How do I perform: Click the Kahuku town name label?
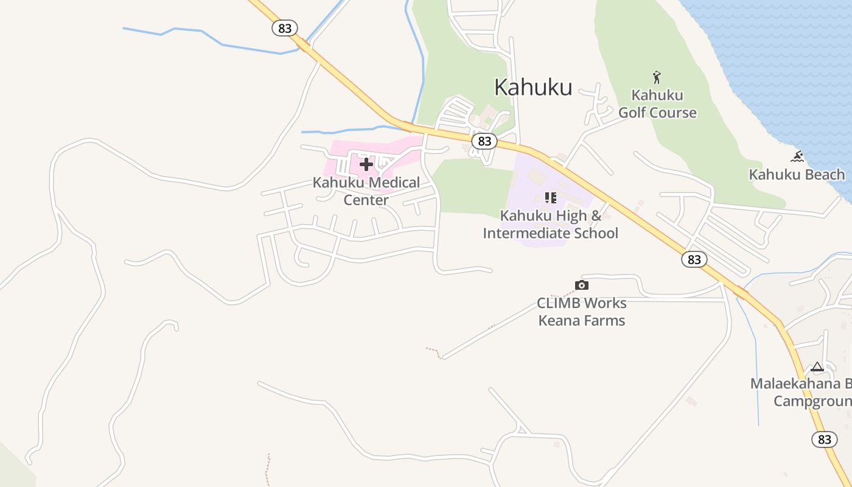pos(533,87)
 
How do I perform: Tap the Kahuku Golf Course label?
pos(657,104)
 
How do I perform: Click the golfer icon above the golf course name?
pos(656,77)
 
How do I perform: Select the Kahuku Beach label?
pos(797,175)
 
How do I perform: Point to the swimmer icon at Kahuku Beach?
pos(797,157)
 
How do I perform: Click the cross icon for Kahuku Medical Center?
pos(366,164)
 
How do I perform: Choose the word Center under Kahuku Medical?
pos(366,200)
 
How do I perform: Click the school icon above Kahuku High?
pos(550,198)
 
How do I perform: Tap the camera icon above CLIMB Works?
pos(582,285)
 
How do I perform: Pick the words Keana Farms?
pos(582,320)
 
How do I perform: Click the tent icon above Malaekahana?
pos(817,366)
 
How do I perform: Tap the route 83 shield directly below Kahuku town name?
pos(484,141)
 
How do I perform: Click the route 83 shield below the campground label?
pos(824,439)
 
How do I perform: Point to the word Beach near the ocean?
pos(821,175)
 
